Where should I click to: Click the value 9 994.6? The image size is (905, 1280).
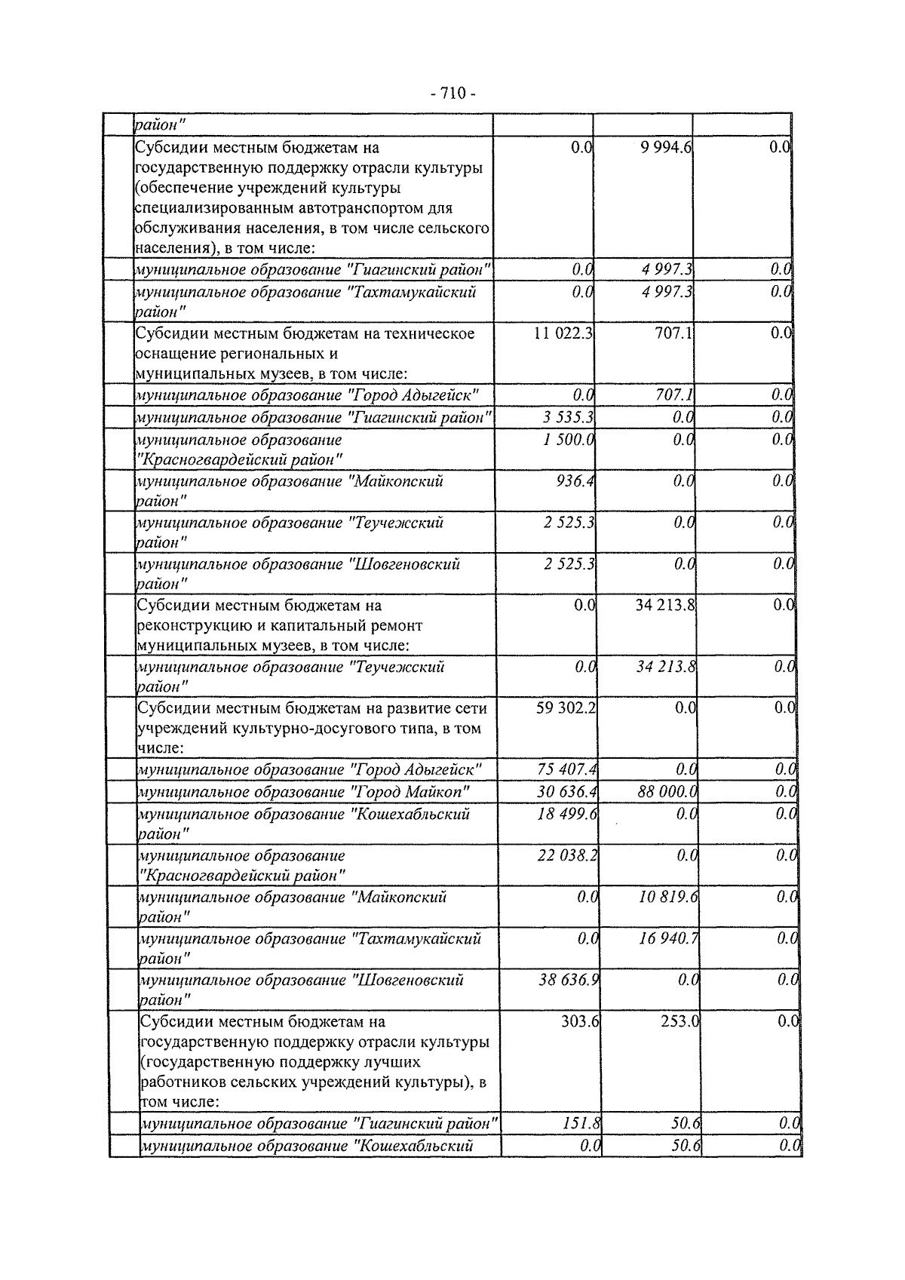point(663,148)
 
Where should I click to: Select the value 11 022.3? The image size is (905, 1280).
point(563,333)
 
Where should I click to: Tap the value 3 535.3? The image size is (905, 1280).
point(568,417)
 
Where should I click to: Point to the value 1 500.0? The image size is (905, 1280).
point(568,440)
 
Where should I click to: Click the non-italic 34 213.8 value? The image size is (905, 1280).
point(664,605)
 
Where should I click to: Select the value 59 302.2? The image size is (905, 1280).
point(565,708)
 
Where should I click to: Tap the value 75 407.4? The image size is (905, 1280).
point(566,770)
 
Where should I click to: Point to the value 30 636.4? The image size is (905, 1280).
point(566,792)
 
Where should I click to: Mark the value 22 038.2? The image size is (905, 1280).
point(567,856)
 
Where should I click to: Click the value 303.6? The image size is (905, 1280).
point(580,1022)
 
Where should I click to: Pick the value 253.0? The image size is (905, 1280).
point(680,1022)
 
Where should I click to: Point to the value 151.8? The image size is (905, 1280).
point(581,1124)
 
